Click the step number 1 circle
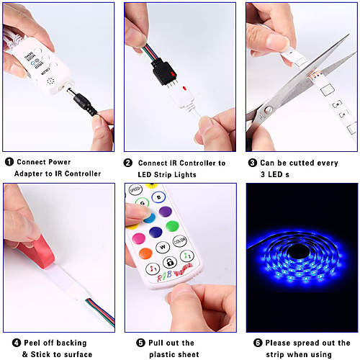(x=9, y=162)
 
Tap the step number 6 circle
(x=258, y=343)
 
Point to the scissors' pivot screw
(x=268, y=110)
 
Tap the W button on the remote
(x=163, y=247)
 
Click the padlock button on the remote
(x=170, y=262)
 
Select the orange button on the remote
(x=145, y=253)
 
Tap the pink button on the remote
(x=139, y=238)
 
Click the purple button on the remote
(x=166, y=212)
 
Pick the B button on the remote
(x=158, y=197)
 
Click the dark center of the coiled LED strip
(x=298, y=252)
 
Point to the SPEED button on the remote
(x=135, y=190)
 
